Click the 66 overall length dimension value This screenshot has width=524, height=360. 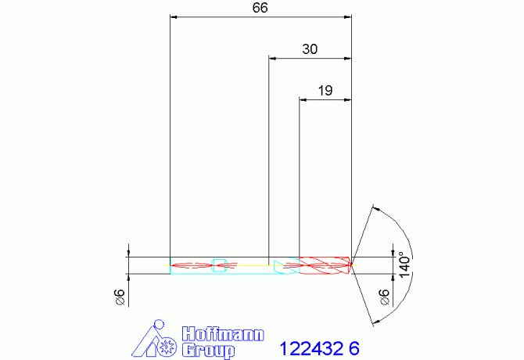click(260, 8)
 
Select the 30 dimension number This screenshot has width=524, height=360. click(310, 49)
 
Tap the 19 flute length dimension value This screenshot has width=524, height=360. click(325, 91)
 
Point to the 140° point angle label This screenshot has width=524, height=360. click(404, 265)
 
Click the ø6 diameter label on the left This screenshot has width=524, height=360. click(120, 297)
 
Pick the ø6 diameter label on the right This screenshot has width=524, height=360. click(384, 297)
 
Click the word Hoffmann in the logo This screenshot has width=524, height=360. click(223, 334)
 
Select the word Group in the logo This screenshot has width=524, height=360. click(208, 351)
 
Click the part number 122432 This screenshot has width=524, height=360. click(311, 348)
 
